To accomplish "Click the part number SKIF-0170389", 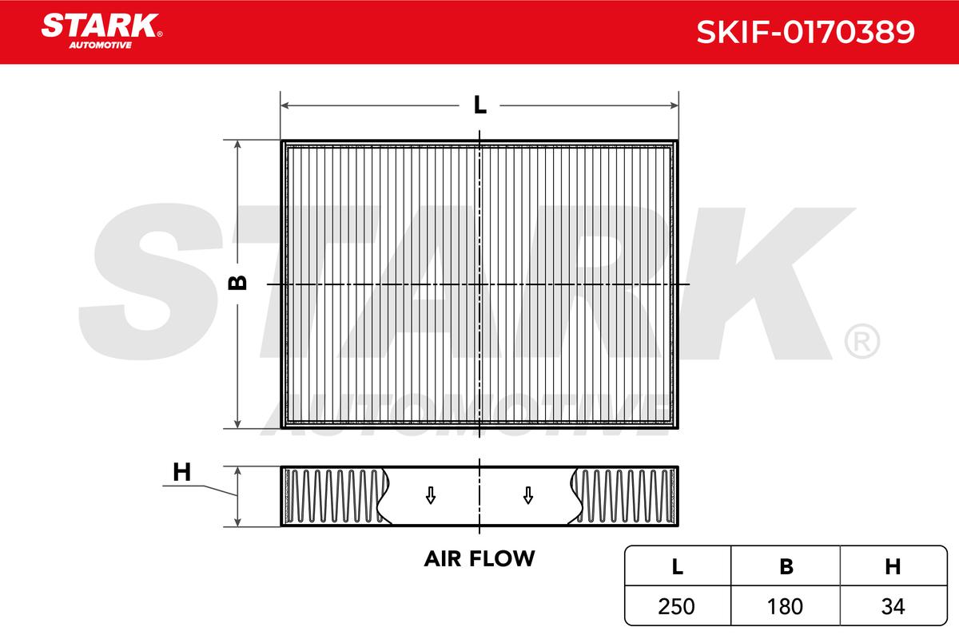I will (806, 32).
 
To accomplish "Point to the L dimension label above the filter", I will (479, 105).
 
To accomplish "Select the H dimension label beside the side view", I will (182, 472).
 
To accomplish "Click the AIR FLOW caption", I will (479, 558).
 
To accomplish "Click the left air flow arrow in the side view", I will (431, 496).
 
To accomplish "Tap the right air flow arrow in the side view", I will (527, 496).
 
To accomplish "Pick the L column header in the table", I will (677, 567).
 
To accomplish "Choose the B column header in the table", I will (786, 567).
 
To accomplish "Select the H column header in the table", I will (893, 567).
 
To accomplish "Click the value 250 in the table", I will (677, 606).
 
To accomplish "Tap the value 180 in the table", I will (786, 606).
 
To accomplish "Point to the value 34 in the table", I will (893, 606).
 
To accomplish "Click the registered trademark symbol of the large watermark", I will (861, 342).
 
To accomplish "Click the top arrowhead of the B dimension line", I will (237, 145).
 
